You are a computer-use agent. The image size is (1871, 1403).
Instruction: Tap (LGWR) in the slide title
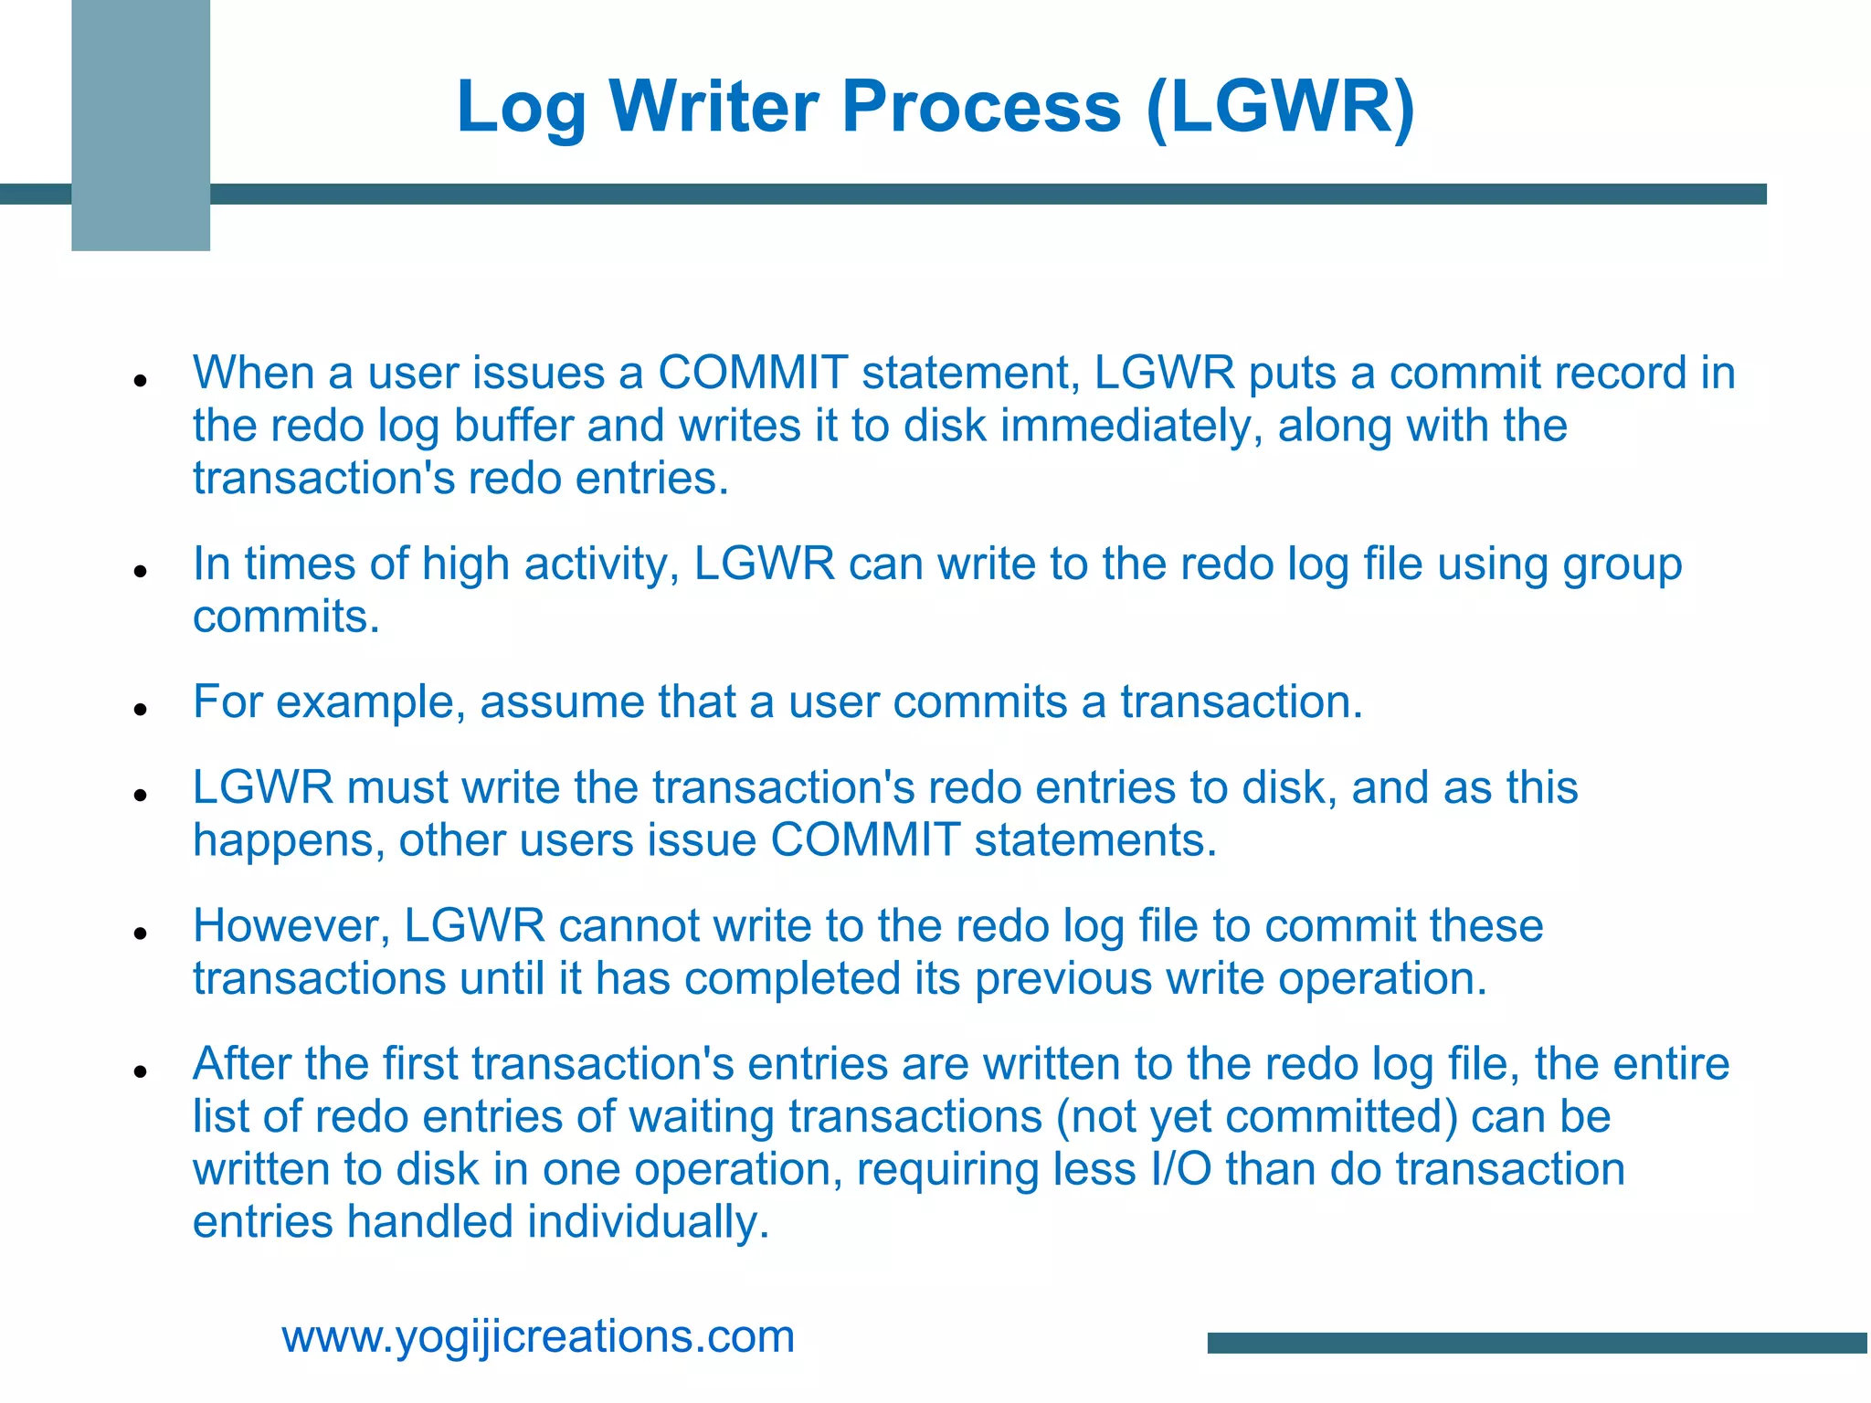[1279, 107]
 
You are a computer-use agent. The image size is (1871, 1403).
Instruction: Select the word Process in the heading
[980, 107]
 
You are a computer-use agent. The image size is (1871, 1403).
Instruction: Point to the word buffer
[513, 427]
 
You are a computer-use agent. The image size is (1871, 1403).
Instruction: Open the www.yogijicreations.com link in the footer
[538, 1337]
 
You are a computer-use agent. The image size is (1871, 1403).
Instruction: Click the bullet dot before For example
[140, 709]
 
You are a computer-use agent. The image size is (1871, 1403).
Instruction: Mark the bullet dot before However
[140, 933]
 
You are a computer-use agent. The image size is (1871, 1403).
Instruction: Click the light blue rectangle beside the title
[141, 125]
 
